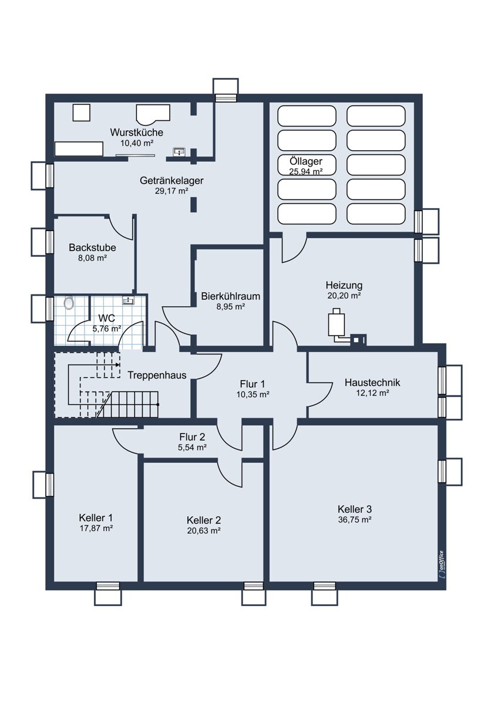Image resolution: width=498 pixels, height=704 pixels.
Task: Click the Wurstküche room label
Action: [x=136, y=133]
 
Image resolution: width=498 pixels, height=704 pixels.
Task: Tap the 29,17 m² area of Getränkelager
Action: [x=171, y=191]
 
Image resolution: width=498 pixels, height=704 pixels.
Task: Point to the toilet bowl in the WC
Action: [x=69, y=303]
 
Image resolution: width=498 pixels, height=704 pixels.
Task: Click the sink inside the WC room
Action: [x=129, y=300]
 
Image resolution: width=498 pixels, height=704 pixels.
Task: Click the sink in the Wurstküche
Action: [x=179, y=152]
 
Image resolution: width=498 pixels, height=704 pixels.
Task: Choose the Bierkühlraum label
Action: [x=231, y=296]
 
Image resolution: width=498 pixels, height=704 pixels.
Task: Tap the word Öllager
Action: [x=306, y=161]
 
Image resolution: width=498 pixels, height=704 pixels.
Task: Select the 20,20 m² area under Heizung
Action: [x=344, y=296]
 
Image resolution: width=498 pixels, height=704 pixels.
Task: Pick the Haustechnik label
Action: [x=372, y=383]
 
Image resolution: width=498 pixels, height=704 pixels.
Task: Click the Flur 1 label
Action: [x=253, y=384]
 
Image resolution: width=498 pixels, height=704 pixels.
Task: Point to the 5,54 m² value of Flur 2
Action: [x=192, y=447]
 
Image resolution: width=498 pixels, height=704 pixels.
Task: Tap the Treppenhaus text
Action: [x=157, y=375]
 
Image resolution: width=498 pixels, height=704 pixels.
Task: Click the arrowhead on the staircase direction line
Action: [x=117, y=365]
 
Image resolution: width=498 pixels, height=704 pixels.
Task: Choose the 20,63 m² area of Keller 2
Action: [x=203, y=530]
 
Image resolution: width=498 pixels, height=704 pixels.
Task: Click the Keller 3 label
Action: [x=355, y=509]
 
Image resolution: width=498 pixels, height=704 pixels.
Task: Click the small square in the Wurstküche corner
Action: [x=82, y=113]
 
